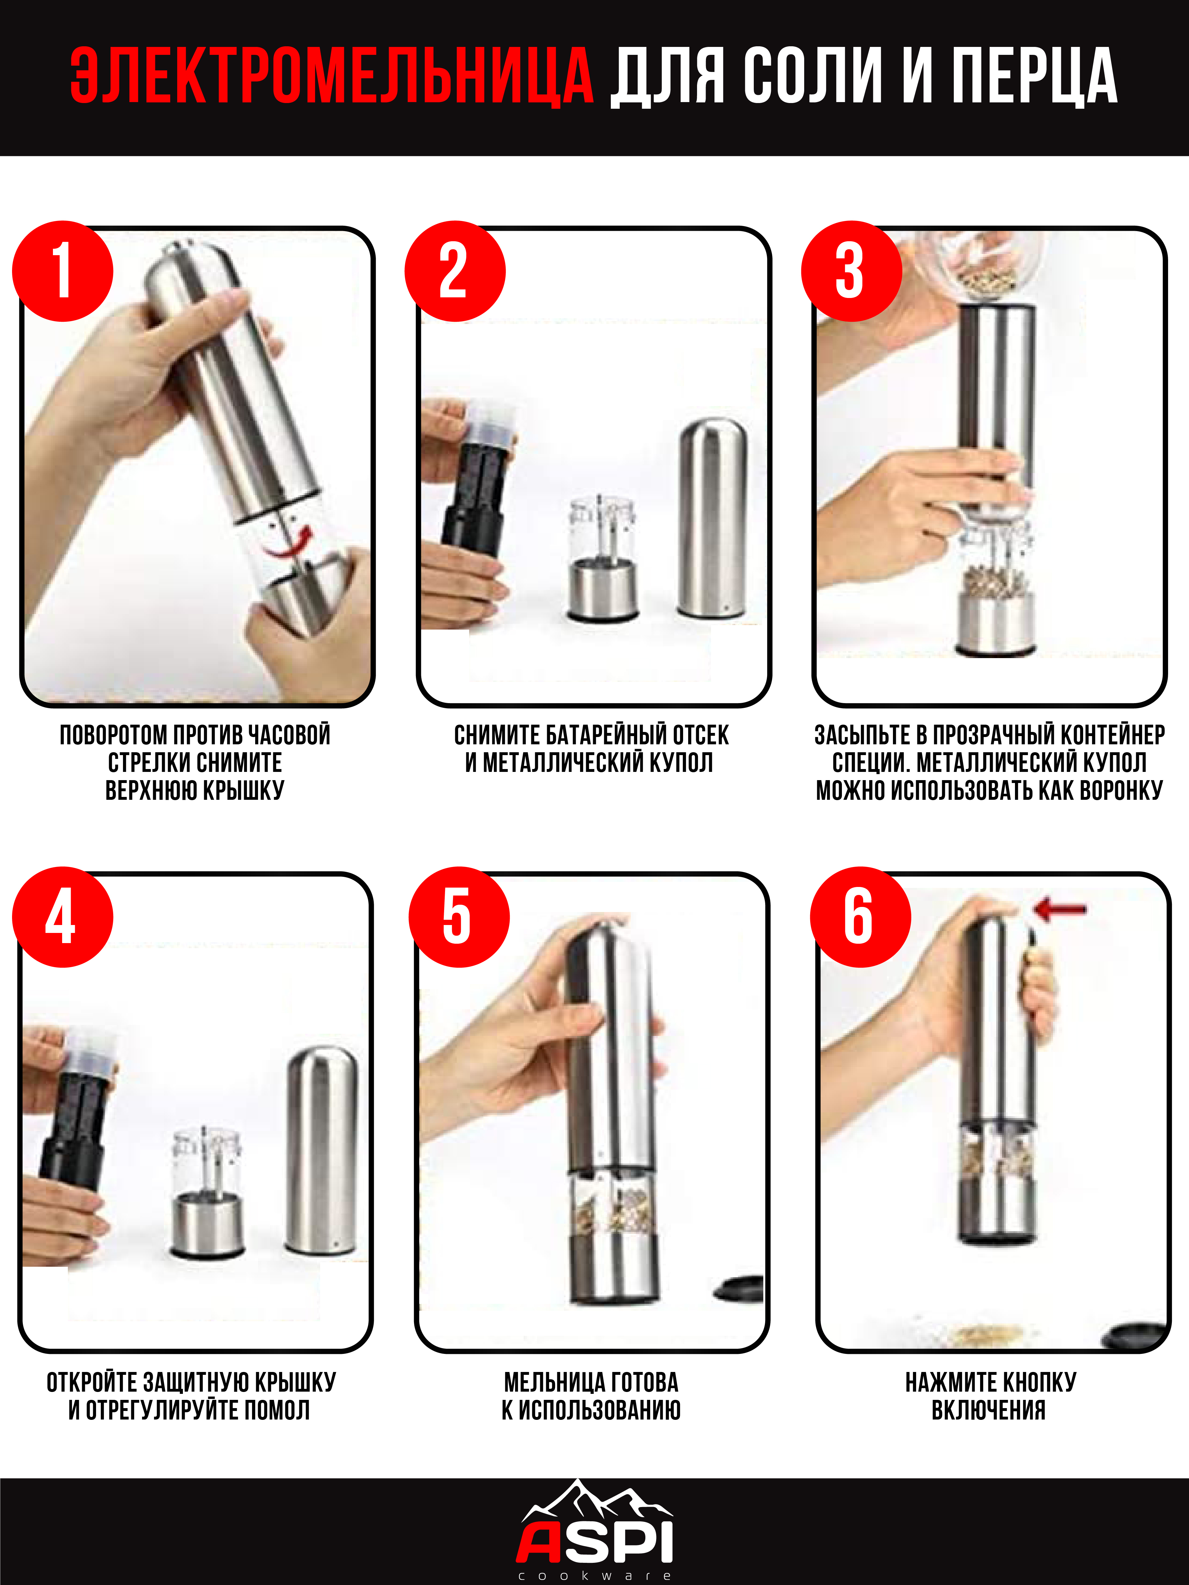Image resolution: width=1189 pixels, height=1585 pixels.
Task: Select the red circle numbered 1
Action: click(x=63, y=271)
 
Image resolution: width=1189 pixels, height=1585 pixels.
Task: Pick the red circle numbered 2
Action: click(x=455, y=271)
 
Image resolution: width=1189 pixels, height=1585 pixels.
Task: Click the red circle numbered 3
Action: click(x=851, y=271)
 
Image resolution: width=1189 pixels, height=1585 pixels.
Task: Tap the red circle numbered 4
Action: click(x=63, y=917)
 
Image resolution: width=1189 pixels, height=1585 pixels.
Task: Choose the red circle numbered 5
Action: click(x=459, y=917)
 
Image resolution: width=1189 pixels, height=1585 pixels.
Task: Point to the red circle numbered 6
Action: click(x=860, y=917)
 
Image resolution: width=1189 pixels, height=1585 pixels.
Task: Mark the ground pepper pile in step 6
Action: click(x=989, y=1334)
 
